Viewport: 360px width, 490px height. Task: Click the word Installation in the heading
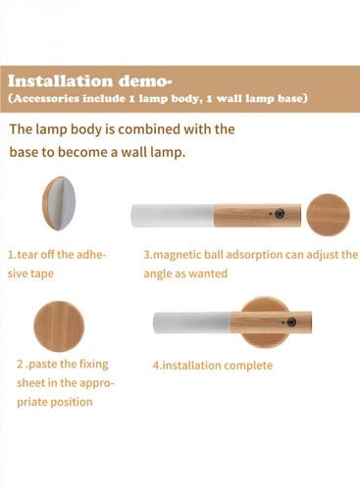(61, 81)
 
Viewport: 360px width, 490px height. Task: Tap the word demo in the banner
(143, 81)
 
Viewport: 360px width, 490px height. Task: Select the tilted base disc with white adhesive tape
(59, 203)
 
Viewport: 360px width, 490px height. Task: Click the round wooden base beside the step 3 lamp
(328, 216)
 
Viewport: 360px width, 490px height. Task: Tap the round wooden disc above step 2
(59, 326)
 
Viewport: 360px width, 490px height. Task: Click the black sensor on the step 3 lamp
(280, 214)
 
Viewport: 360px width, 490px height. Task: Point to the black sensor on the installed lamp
(291, 322)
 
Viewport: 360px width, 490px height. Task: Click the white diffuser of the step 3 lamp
(173, 216)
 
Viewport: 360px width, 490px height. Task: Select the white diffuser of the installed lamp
(192, 322)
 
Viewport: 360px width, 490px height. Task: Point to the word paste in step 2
(40, 365)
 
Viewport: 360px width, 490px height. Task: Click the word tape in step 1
(41, 274)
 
